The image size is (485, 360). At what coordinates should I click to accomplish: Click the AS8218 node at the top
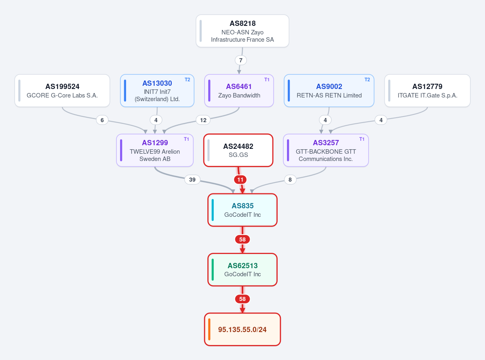point(242,31)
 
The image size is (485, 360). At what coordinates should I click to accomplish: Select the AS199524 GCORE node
point(62,91)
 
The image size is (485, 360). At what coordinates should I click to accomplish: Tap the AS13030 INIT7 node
point(157,91)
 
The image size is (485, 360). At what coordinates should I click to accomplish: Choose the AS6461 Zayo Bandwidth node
point(239,91)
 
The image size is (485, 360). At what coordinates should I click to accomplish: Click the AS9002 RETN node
point(329,91)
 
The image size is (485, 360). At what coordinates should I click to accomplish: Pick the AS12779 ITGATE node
point(427,91)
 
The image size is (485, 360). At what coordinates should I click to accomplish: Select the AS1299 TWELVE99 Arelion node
point(155,150)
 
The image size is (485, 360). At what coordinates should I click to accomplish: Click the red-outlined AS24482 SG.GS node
point(238,150)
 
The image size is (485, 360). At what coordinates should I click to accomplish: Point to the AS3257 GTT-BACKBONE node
point(326,150)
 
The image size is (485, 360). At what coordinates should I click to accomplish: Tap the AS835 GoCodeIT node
point(242,210)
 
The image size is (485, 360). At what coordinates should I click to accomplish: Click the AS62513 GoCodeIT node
point(242,270)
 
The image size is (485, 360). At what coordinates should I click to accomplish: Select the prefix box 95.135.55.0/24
point(242,329)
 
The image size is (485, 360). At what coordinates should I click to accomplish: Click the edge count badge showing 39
point(192,180)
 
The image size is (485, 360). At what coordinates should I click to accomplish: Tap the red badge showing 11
point(240,180)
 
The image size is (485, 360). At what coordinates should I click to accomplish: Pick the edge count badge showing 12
point(203,120)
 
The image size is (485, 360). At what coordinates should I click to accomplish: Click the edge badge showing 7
point(241,60)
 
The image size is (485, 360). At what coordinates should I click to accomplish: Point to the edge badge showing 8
point(290,180)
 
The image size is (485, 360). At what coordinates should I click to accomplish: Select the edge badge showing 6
point(102,120)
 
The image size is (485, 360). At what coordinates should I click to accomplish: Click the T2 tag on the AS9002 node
point(367,80)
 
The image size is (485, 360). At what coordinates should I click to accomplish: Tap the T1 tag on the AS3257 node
point(362,139)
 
